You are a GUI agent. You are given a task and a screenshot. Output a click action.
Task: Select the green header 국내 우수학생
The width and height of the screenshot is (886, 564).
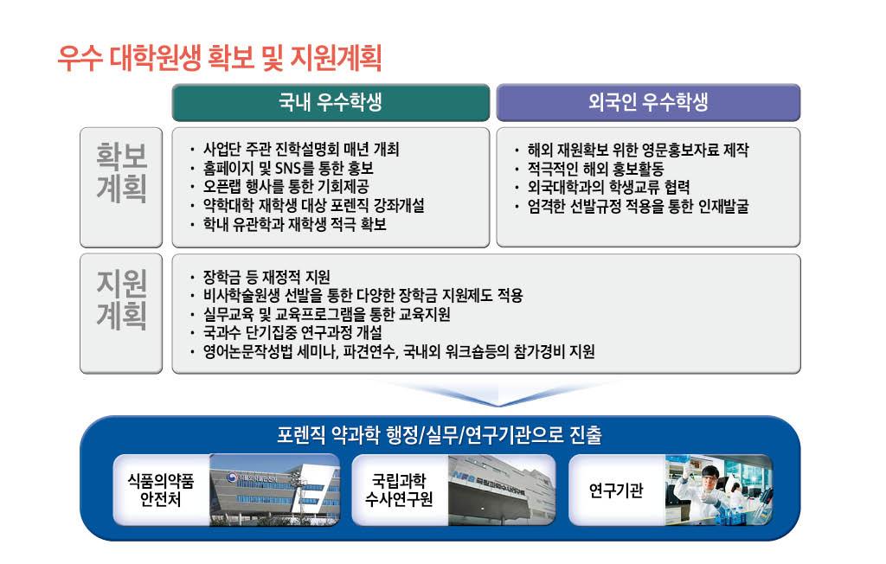click(330, 102)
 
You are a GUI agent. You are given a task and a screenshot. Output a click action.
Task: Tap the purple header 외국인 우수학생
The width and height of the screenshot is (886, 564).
click(648, 102)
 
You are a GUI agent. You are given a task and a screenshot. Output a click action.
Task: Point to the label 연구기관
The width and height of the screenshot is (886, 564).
click(615, 490)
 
